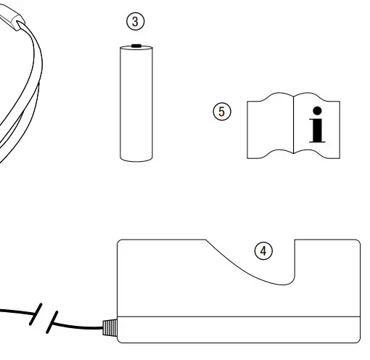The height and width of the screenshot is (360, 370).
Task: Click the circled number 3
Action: click(x=136, y=22)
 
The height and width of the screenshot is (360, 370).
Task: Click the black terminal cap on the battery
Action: click(x=136, y=46)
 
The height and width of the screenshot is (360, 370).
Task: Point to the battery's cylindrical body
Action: click(x=136, y=102)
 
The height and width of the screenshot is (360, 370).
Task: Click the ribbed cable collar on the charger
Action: click(x=109, y=329)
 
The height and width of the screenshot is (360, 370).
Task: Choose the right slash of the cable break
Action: click(x=52, y=322)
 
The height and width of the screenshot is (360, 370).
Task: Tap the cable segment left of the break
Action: click(x=15, y=312)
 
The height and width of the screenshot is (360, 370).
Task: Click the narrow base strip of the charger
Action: click(x=239, y=329)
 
